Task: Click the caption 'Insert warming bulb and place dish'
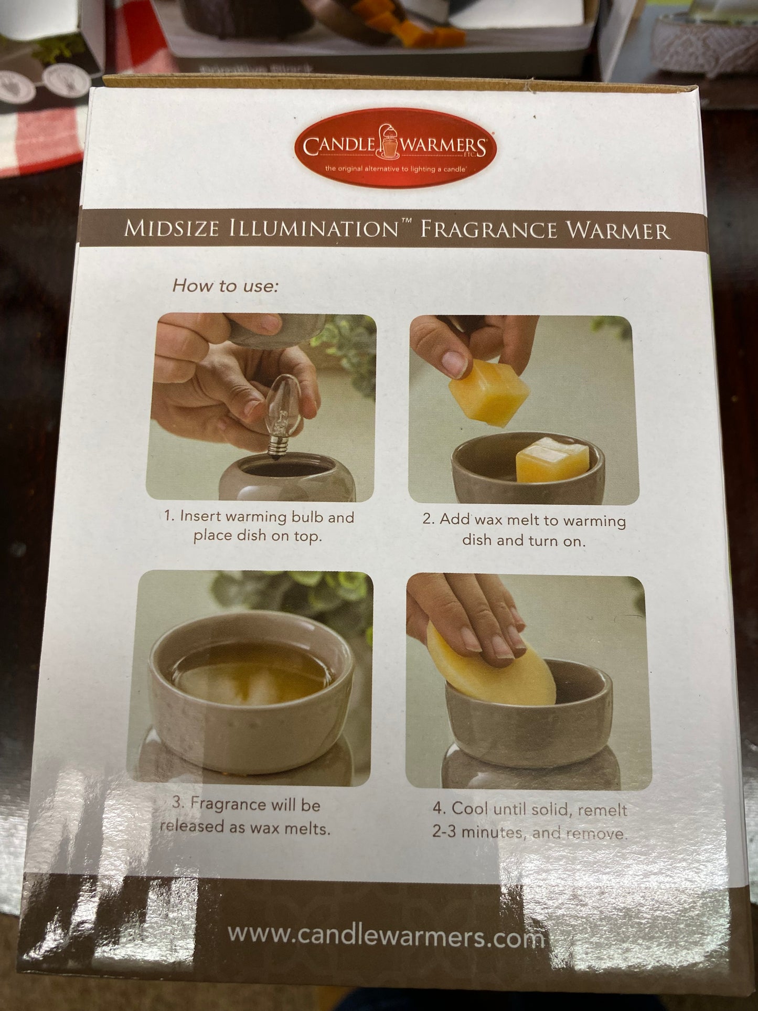pyautogui.click(x=259, y=527)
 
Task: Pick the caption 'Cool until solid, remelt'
pyautogui.click(x=530, y=819)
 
